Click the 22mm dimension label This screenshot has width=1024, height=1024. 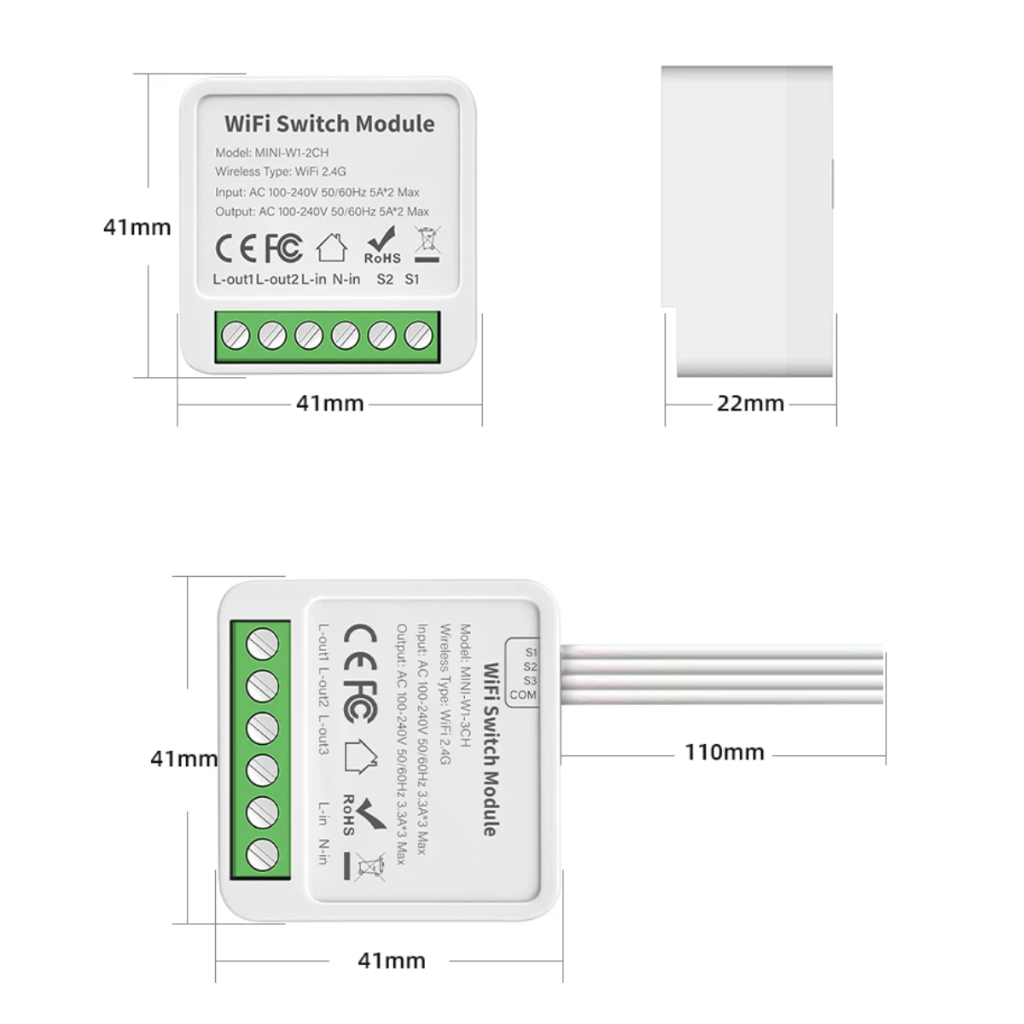click(x=750, y=404)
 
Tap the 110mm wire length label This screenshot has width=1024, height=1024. click(x=724, y=752)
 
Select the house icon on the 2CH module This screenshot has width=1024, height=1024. click(x=332, y=247)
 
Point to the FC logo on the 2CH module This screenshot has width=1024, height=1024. click(x=284, y=248)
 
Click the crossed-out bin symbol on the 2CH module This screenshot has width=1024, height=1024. click(x=428, y=244)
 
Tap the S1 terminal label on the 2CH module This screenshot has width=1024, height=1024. click(x=412, y=279)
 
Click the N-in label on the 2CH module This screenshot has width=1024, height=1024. click(x=346, y=279)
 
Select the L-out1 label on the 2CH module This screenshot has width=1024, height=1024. click(x=233, y=279)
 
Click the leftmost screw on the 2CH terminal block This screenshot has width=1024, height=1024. click(x=236, y=336)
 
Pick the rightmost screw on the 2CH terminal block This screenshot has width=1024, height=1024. click(x=419, y=335)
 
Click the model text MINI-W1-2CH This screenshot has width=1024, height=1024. click(x=292, y=153)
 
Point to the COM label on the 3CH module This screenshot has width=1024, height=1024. click(x=523, y=695)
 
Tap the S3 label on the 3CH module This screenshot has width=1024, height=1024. click(x=530, y=681)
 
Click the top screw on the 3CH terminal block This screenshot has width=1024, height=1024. click(x=263, y=644)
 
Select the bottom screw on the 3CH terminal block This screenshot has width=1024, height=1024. click(x=263, y=855)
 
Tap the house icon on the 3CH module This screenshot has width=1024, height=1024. click(x=361, y=756)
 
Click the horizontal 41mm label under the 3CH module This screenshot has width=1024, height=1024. click(x=392, y=961)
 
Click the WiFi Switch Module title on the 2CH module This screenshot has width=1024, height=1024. click(x=329, y=124)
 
